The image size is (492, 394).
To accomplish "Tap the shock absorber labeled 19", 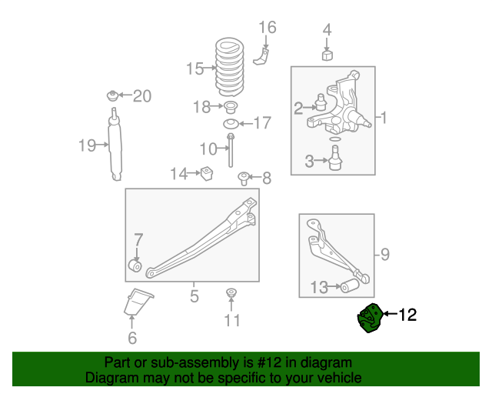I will [115, 146].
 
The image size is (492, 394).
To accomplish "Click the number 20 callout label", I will [142, 96].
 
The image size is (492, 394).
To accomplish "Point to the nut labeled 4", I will [327, 55].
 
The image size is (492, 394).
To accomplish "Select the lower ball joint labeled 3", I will [334, 158].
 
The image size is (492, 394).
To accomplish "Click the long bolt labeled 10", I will [229, 149].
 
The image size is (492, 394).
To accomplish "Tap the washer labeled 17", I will [229, 123].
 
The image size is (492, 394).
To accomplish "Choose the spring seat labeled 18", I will [228, 106].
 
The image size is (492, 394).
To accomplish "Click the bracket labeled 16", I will [263, 56].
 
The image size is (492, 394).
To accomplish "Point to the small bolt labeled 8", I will [243, 179].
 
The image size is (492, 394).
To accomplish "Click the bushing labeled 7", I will [135, 266].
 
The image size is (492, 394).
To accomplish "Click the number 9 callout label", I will [385, 252].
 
